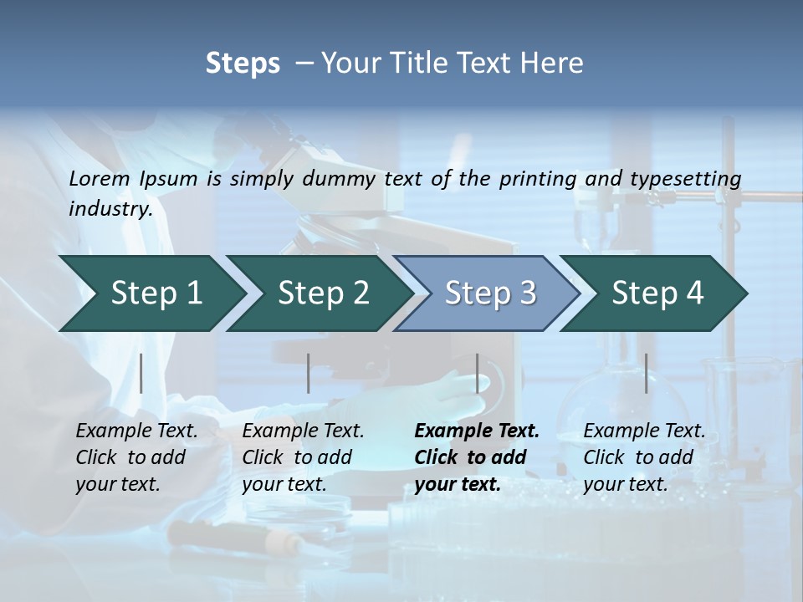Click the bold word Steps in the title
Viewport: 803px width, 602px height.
pos(243,64)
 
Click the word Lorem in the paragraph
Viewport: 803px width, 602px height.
pos(99,178)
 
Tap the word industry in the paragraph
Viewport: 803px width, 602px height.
pos(110,208)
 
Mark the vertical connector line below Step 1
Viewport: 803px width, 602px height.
pos(141,373)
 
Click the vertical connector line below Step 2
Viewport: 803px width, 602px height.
pos(309,373)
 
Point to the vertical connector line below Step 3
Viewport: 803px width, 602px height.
pos(478,373)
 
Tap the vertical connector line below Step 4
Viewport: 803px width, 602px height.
pos(646,373)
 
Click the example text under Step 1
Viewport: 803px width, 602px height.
pos(136,457)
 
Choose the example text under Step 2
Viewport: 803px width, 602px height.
pos(303,457)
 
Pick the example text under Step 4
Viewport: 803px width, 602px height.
pos(644,457)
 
